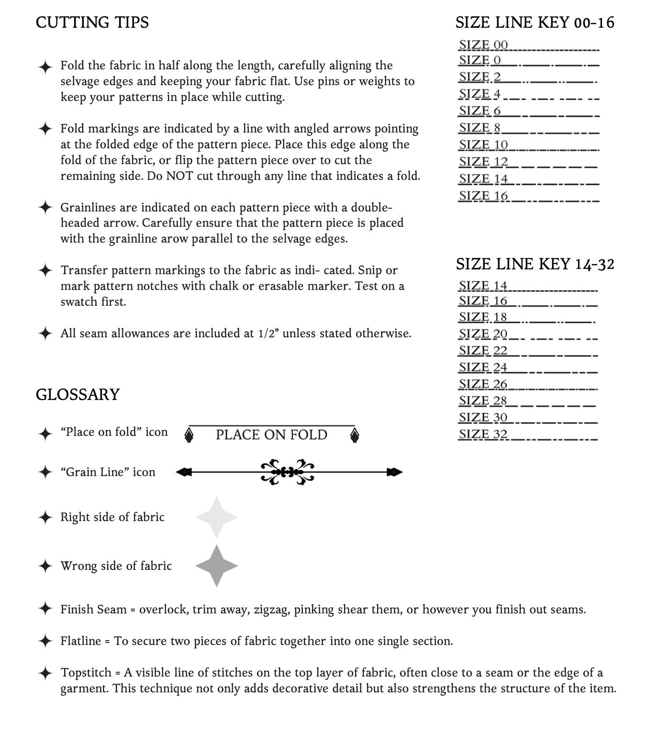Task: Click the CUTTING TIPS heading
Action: click(x=92, y=22)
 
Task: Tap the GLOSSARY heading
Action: click(x=78, y=394)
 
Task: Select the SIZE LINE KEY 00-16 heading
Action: click(x=535, y=22)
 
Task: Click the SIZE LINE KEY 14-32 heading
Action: click(x=535, y=264)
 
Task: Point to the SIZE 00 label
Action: click(x=483, y=45)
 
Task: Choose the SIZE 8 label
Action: click(x=479, y=128)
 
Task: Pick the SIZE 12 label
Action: click(x=483, y=162)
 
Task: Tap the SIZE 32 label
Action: click(x=483, y=434)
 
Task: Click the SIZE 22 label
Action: click(x=483, y=350)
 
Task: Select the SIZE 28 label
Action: click(x=483, y=400)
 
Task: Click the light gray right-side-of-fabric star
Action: click(x=216, y=517)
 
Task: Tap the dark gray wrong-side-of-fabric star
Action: click(x=216, y=566)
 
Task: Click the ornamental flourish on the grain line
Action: click(x=287, y=472)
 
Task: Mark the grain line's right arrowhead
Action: click(x=395, y=472)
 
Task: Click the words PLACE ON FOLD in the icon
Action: click(x=271, y=434)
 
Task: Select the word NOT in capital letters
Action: click(x=180, y=176)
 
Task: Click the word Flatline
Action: click(x=81, y=641)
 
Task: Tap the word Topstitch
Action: click(x=86, y=673)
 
